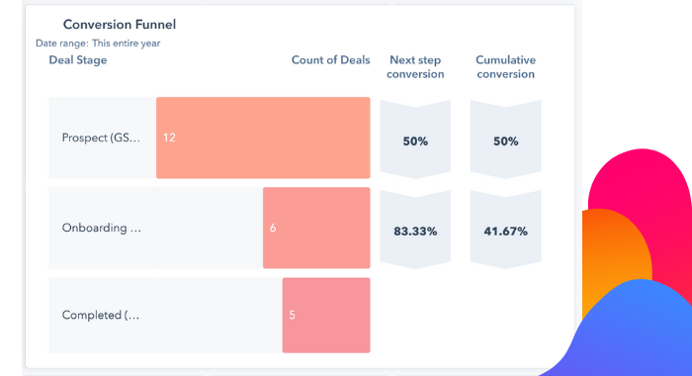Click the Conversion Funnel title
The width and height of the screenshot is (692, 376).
pos(120,24)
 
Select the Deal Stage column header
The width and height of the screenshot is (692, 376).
pos(78,60)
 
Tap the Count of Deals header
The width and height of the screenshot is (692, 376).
pos(330,60)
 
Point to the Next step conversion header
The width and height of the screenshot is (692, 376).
pos(415,67)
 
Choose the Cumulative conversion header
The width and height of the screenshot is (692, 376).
pos(505,67)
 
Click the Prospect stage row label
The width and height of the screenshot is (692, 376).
pos(101,138)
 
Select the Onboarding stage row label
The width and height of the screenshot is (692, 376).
pos(101,228)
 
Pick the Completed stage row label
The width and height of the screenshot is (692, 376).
pos(101,316)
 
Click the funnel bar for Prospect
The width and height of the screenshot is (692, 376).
pos(263,138)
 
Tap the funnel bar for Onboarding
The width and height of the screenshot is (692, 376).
pos(316,228)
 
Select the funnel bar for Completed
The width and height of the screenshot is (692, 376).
pos(326,316)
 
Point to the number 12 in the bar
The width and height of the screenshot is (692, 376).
pos(169,138)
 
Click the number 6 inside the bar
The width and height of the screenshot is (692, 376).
pos(273,229)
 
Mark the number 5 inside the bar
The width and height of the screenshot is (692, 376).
pos(292,316)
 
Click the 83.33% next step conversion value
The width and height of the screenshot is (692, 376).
pos(415,232)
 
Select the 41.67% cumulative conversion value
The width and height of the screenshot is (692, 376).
pos(505,232)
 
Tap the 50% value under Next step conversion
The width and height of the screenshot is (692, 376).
pos(415,141)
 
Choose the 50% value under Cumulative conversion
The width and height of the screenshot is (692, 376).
pos(505,141)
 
